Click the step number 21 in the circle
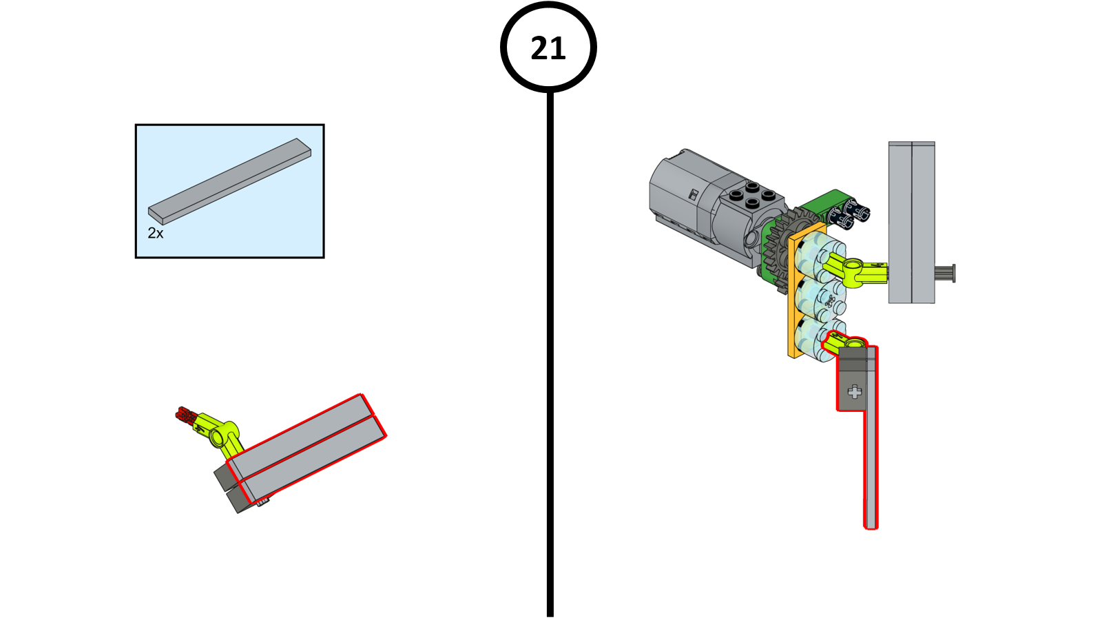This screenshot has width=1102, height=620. tap(548, 48)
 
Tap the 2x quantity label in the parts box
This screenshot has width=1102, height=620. tap(156, 234)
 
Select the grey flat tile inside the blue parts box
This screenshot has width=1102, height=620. tap(230, 180)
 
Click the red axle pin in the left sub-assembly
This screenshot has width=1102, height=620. tap(185, 415)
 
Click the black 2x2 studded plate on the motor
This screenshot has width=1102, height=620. tap(753, 194)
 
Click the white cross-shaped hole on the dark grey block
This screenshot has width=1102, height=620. tap(855, 392)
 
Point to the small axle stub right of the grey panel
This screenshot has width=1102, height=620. tap(945, 273)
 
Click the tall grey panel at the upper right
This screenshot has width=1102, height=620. tap(911, 222)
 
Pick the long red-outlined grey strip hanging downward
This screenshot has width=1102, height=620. tap(871, 468)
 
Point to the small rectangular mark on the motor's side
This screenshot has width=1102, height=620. tap(694, 195)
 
